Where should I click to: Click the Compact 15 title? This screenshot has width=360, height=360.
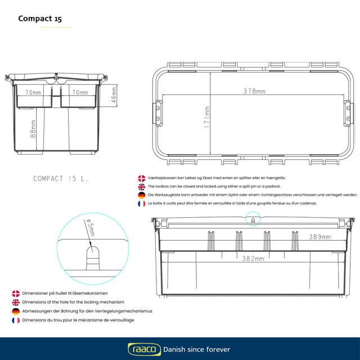point(40,18)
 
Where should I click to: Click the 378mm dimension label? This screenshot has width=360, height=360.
point(254,91)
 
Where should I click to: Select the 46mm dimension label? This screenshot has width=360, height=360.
point(114,94)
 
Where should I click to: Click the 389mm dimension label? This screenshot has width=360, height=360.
point(319,237)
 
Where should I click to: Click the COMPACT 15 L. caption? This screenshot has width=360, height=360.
point(61,178)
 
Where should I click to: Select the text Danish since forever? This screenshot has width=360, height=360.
point(196,349)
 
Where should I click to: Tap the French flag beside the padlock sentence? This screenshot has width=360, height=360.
point(142,203)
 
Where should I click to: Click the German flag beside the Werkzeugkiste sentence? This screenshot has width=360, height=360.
point(142,195)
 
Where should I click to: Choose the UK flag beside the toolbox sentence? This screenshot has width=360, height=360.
point(142,186)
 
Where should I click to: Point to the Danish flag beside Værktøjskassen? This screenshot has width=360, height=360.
point(142,178)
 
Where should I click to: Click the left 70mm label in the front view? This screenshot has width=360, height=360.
point(33,92)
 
